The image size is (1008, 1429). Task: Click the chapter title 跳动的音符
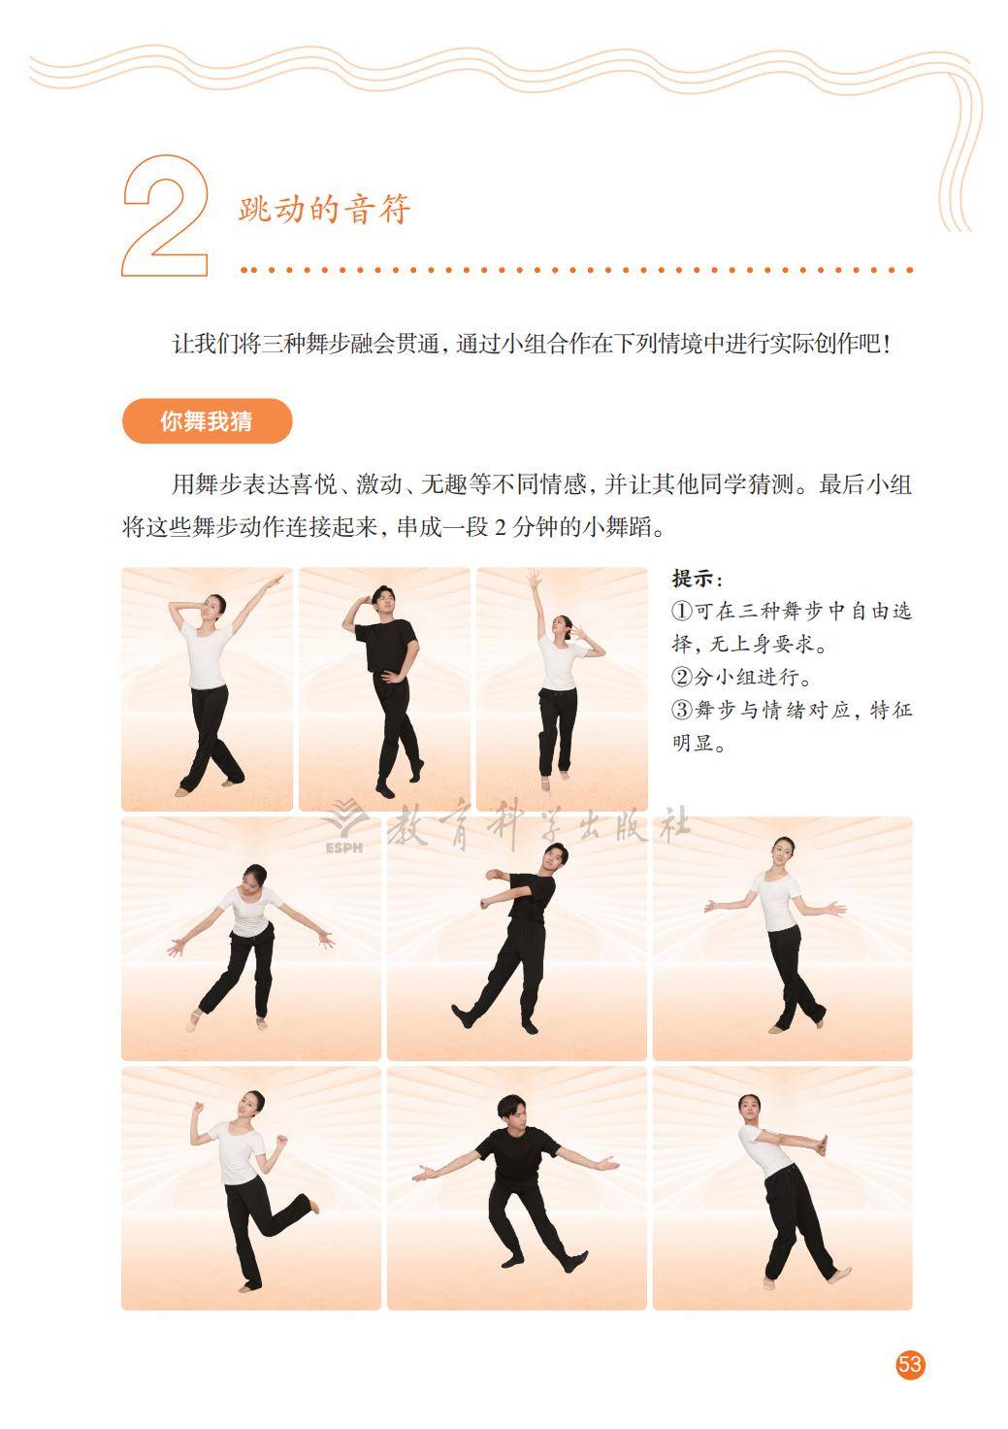pos(325,209)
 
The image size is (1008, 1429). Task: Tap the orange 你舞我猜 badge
pos(208,421)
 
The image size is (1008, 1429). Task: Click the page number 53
pos(909,1363)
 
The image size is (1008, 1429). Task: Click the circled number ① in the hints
pos(682,612)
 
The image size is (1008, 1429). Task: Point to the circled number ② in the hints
pos(682,677)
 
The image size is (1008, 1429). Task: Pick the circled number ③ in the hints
pos(682,710)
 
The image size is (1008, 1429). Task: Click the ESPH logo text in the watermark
pos(344,847)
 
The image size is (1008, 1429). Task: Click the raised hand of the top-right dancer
pos(534,577)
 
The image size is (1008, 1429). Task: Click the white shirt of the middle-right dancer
pos(774,902)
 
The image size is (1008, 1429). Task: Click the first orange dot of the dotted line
pos(244,270)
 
